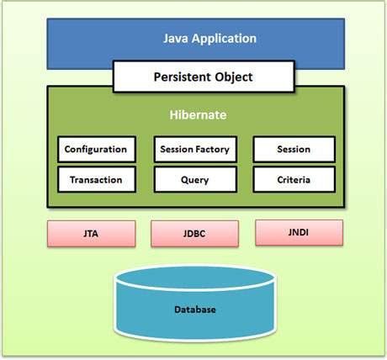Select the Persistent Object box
tap(203, 77)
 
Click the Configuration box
tap(96, 150)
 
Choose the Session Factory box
tap(194, 150)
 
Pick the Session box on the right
tap(294, 150)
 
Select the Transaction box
tap(96, 179)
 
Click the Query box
tap(194, 179)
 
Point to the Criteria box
tap(294, 179)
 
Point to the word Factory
tap(211, 150)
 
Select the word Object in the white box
tap(233, 77)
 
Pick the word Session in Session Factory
tap(176, 150)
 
